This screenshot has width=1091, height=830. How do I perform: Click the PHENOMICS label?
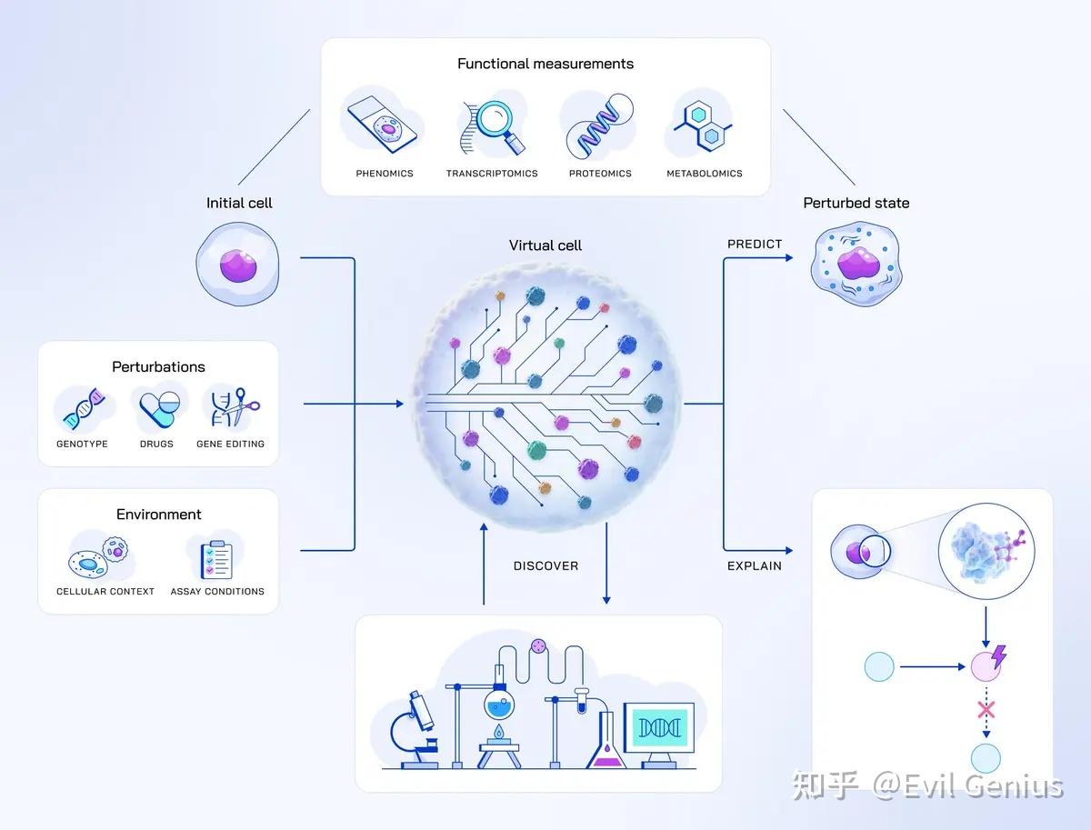click(x=385, y=174)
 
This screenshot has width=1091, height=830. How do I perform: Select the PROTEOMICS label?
click(x=600, y=174)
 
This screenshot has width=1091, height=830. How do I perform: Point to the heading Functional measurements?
click(x=545, y=64)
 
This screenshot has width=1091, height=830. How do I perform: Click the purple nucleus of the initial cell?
click(x=238, y=265)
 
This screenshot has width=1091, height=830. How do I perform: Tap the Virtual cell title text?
click(x=545, y=245)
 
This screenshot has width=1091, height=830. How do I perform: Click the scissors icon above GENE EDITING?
click(x=241, y=406)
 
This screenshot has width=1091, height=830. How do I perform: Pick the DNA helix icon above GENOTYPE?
click(x=84, y=409)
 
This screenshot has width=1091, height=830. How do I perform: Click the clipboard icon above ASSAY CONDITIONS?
click(x=216, y=560)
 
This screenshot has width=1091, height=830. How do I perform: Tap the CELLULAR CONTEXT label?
click(x=105, y=592)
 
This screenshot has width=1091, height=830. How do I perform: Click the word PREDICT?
click(x=755, y=244)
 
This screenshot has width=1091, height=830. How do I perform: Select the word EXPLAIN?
click(x=755, y=566)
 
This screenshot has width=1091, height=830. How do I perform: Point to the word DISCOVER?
click(x=545, y=566)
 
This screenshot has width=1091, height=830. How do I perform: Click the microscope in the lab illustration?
click(x=415, y=730)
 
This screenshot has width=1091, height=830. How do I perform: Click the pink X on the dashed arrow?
click(x=986, y=710)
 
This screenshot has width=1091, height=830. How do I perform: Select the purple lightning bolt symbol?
click(x=998, y=657)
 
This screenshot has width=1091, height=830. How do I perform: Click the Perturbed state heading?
click(x=856, y=203)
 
